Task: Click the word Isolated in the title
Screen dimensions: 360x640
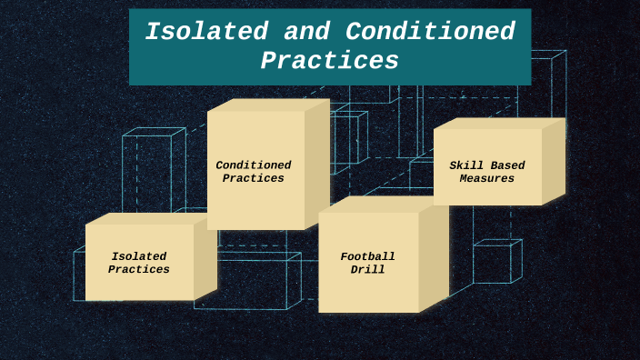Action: coord(207,32)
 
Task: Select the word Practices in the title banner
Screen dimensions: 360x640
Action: coord(329,61)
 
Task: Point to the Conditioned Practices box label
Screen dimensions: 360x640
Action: coord(254,172)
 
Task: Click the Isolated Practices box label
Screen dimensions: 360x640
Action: coord(139,263)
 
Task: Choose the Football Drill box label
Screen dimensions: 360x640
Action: coord(368,263)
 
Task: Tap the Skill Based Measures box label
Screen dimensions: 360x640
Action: coord(487,172)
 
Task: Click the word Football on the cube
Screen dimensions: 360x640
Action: coord(368,256)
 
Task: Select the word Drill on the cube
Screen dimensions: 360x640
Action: coord(368,270)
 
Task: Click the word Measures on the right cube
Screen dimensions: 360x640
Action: coord(487,179)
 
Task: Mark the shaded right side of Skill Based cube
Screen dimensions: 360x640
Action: coord(553,161)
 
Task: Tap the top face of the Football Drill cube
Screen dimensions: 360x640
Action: coord(382,205)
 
